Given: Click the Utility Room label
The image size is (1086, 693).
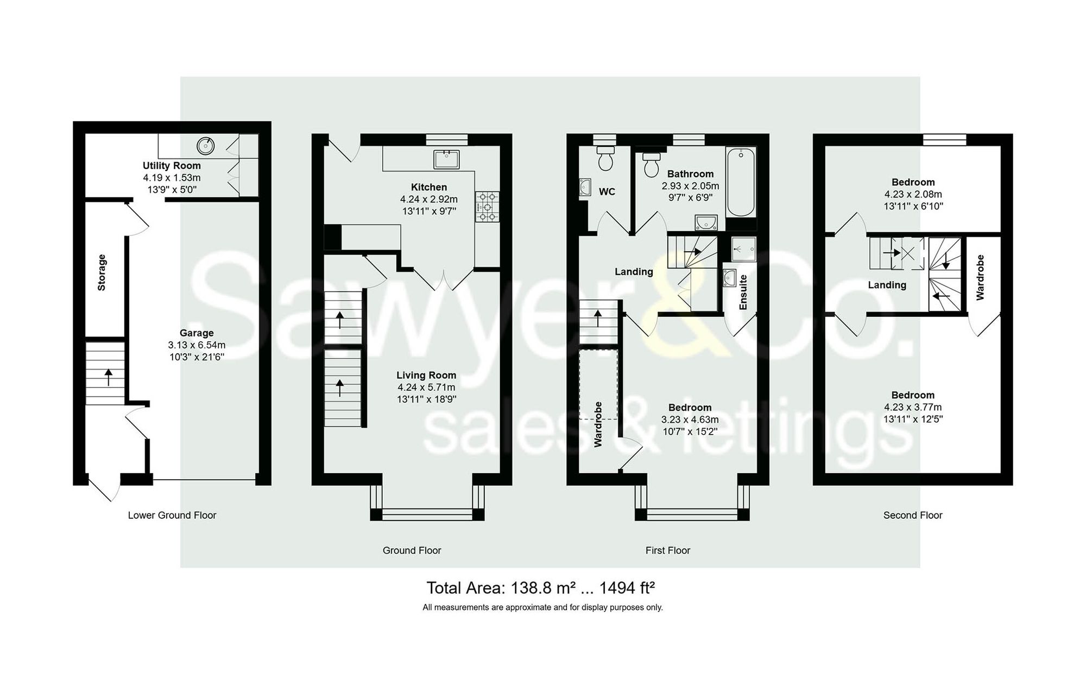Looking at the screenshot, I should coord(172,166).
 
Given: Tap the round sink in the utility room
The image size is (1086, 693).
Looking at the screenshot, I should coord(205,145).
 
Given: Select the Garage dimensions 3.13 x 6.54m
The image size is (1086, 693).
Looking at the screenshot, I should coord(197,345).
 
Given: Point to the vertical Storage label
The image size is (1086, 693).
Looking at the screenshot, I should coord(102,272).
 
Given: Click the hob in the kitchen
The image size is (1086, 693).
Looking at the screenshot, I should coord(487,207).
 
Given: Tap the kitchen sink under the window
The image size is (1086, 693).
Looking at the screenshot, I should coord(446,159).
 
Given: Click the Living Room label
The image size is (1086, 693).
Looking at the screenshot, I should coord(426,375).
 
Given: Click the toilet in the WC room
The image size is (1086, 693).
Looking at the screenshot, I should coord(605,158).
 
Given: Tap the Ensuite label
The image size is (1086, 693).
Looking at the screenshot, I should coord(743,293).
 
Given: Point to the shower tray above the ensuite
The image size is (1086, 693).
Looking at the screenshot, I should coord(743,249).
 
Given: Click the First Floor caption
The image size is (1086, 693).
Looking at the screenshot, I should coord(667,550).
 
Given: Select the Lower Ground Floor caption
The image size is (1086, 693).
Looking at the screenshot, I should coord(172,515).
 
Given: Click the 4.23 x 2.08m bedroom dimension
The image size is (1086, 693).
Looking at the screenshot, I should coord(913,194).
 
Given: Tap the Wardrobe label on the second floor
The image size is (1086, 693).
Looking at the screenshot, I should coord(980,277).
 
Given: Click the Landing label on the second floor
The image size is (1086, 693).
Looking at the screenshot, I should coord(887,285).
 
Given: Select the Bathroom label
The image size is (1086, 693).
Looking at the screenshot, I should coord(690,174).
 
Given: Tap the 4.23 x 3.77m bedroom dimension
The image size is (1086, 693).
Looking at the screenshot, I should coord(913,407).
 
